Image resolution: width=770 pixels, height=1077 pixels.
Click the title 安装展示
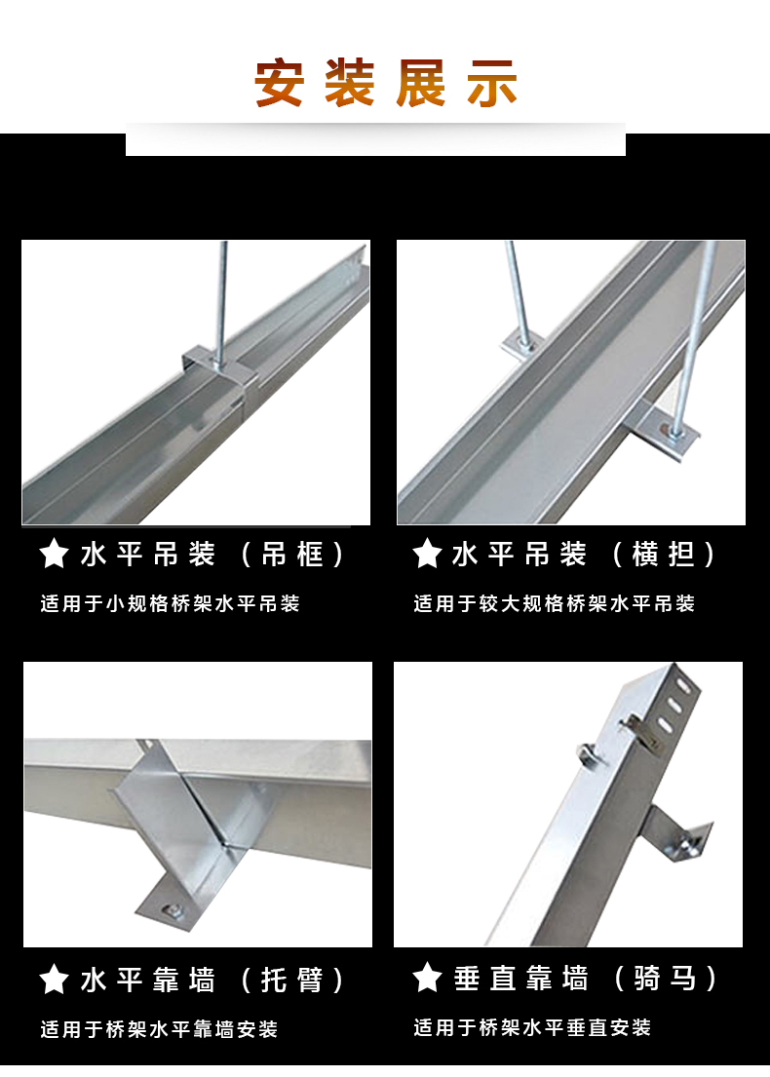386,84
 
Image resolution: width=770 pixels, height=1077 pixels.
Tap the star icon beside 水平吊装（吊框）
54,556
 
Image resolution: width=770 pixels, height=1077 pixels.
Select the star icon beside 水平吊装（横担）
427,555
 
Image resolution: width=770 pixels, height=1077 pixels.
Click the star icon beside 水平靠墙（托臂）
54,980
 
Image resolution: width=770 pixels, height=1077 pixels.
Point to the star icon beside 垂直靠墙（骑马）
427,978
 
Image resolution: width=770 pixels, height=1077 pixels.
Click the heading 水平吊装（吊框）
212,556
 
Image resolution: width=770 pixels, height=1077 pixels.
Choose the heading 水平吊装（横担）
584,555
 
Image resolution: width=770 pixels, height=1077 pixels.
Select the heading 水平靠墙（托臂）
212,980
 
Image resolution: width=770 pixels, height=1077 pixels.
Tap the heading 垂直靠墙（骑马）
586,978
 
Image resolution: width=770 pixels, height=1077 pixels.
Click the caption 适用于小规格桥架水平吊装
170,604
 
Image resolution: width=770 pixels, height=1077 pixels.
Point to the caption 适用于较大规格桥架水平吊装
554,604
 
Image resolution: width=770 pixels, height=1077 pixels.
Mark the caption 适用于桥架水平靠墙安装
159,1029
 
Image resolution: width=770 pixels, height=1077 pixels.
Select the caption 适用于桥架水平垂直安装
531,1027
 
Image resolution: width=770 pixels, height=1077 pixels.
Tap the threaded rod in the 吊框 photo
221,292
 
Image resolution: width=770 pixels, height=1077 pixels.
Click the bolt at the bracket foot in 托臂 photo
173,910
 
